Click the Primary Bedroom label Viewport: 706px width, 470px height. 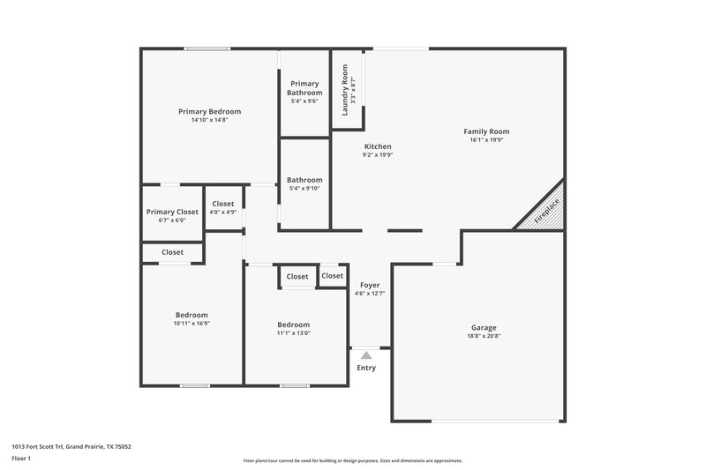(209, 112)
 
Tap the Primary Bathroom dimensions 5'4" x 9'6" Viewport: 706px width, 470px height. (304, 101)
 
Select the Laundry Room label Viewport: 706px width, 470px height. (345, 86)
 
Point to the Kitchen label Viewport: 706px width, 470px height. (377, 146)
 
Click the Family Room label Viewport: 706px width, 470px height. (486, 131)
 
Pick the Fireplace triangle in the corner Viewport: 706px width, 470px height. (544, 212)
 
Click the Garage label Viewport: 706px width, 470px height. (483, 327)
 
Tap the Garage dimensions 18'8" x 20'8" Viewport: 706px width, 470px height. (483, 336)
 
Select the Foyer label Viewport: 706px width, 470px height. (370, 285)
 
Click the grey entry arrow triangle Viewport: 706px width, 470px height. (366, 354)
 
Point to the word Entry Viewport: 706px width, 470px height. (366, 368)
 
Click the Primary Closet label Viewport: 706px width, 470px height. (172, 212)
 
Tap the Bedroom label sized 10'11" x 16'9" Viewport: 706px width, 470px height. (192, 315)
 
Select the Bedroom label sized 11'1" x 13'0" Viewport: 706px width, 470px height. (293, 325)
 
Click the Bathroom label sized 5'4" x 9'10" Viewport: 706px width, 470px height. (304, 180)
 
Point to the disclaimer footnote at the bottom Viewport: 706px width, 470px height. (352, 460)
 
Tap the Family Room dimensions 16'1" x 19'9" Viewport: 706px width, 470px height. (486, 139)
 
